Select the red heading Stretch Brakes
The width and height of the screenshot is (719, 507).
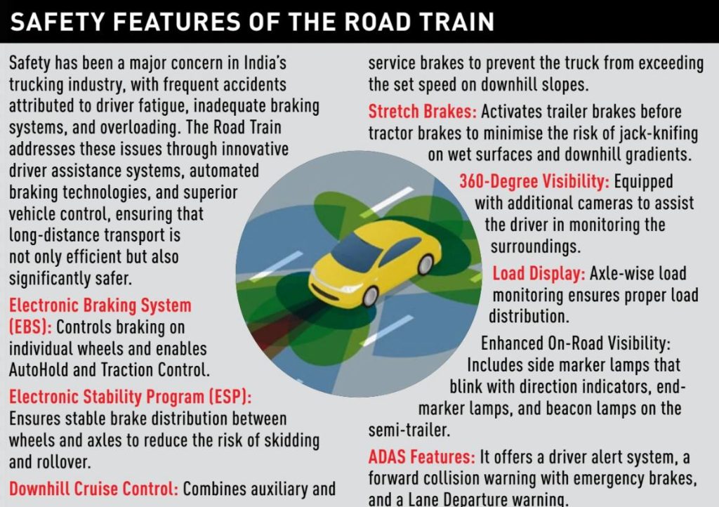click(x=422, y=112)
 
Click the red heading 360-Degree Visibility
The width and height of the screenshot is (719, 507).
click(x=534, y=182)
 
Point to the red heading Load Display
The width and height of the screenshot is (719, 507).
click(x=539, y=274)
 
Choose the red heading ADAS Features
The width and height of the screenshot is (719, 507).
click(x=422, y=456)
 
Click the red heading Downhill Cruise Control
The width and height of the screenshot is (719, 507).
click(x=93, y=489)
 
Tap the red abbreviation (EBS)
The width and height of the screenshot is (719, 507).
click(x=30, y=327)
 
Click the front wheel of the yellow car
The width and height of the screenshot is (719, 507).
click(x=370, y=296)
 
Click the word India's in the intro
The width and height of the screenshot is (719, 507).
click(x=265, y=62)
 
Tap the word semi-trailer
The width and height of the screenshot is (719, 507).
click(x=409, y=430)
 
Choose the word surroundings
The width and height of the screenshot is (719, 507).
click(x=536, y=247)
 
